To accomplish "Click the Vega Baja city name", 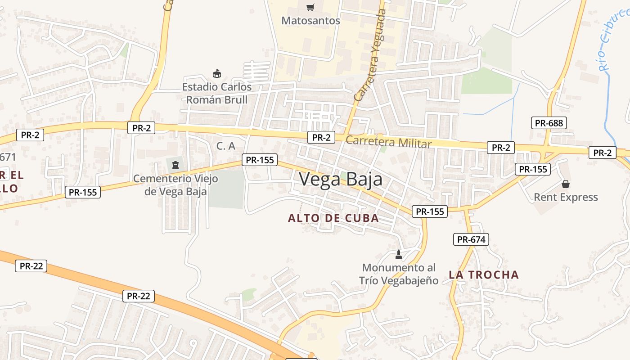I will [x=341, y=179].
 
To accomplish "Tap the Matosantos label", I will [x=310, y=21].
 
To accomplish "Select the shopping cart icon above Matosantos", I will [x=310, y=7].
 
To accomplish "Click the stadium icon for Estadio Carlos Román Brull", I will [x=217, y=73].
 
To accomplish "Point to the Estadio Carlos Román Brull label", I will [x=217, y=93].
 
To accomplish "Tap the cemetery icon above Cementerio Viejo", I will [x=175, y=165].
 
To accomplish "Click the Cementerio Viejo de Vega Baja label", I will [x=175, y=185].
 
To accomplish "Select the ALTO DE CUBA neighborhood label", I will [x=333, y=218].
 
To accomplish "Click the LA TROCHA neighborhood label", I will [x=484, y=274].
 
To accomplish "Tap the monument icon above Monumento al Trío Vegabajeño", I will [x=398, y=255].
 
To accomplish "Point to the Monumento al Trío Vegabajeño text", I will [x=399, y=274].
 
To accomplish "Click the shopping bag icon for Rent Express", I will [x=566, y=184].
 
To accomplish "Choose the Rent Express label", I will [x=566, y=197].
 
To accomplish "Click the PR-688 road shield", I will [x=549, y=122].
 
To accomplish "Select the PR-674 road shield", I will [x=471, y=239].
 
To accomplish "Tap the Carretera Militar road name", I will [x=388, y=142].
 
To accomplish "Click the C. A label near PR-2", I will [x=226, y=146].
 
